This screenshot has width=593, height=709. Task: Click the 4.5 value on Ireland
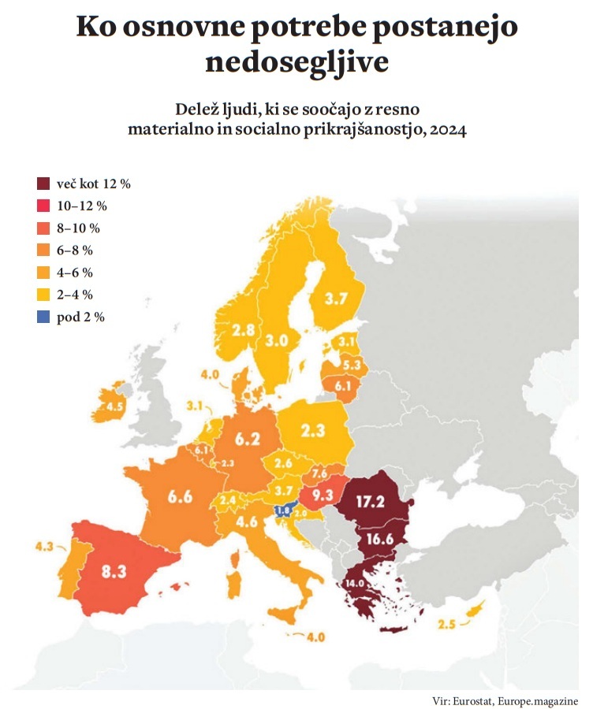point(115,406)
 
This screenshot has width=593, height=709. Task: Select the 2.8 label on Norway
point(244,329)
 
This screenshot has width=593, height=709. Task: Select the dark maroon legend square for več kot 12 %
point(43,184)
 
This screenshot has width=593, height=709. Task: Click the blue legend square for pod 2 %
point(43,317)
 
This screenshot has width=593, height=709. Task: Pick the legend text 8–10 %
point(79,228)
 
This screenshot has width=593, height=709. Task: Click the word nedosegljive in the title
point(296,62)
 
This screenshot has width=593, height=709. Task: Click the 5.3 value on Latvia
point(351,364)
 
